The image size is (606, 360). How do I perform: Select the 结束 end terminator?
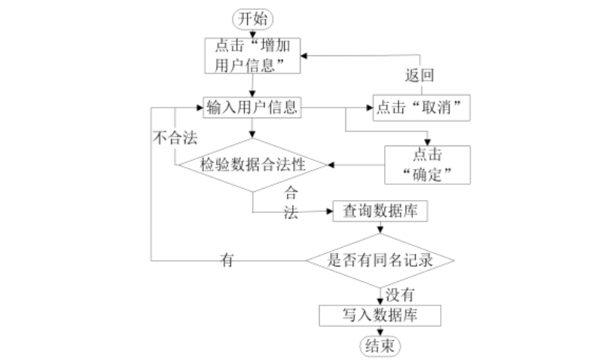[x=380, y=346]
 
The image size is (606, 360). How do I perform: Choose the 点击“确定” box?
[x=427, y=164]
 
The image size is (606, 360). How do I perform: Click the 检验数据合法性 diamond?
[x=253, y=164]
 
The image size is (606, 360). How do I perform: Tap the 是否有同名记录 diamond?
[x=380, y=260]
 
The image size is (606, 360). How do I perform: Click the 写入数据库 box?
[x=380, y=315]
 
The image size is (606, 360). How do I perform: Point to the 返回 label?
[x=422, y=76]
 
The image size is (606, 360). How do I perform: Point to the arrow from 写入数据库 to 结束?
[x=380, y=330]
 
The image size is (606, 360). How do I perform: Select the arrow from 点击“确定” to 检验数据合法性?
[x=356, y=164]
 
